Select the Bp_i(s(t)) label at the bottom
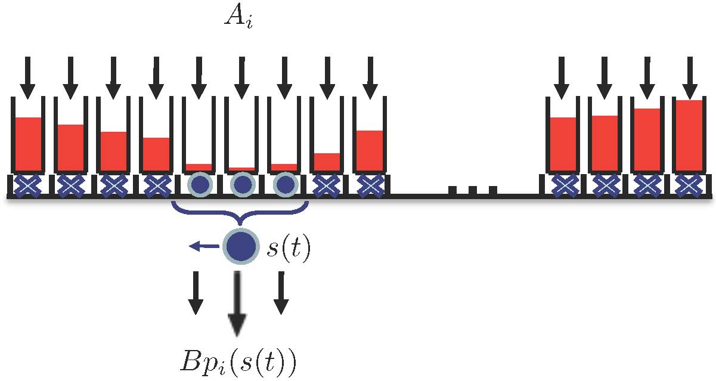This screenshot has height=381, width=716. coord(238,361)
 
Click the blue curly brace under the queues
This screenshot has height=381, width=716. coord(239,213)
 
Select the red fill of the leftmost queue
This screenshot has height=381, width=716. coord(28,144)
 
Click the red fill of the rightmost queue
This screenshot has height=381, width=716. coord(688,135)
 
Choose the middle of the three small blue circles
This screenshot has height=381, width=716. coord(241,185)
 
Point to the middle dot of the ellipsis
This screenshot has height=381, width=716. coord(472,190)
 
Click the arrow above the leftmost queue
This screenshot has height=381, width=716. coord(27,77)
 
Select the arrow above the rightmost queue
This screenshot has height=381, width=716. coord(689,77)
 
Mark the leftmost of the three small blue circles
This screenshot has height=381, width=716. coord(199,185)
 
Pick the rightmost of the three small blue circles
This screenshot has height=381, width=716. coord(284,185)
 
